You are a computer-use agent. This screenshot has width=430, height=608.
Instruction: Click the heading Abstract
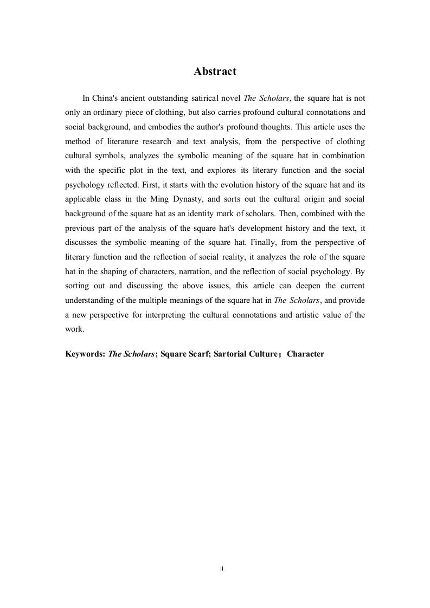coord(215,72)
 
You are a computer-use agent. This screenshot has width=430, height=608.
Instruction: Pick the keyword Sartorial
coord(215,354)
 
